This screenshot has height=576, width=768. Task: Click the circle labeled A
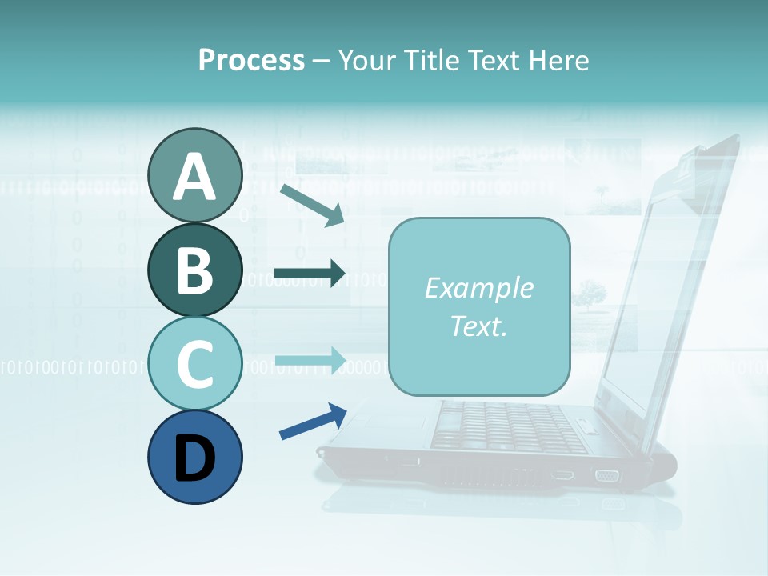195,175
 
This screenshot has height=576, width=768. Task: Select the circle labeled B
195,270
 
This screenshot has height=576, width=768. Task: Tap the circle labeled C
195,364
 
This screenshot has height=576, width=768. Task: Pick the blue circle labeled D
195,457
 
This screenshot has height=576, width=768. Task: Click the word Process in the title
251,60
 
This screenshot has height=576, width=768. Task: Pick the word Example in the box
478,288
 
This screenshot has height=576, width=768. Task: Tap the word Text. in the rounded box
478,326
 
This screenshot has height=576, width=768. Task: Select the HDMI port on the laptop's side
562,476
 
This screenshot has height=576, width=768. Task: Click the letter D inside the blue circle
195,458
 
